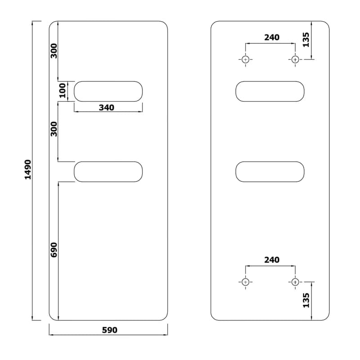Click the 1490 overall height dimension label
click(x=28, y=170)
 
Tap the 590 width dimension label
click(x=109, y=330)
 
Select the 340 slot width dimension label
click(x=107, y=108)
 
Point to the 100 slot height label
click(x=63, y=90)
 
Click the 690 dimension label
click(x=54, y=250)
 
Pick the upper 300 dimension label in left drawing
click(x=54, y=51)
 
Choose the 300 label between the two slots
click(x=54, y=129)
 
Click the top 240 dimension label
click(x=272, y=37)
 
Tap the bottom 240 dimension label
click(x=272, y=260)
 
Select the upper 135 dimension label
click(x=306, y=40)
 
